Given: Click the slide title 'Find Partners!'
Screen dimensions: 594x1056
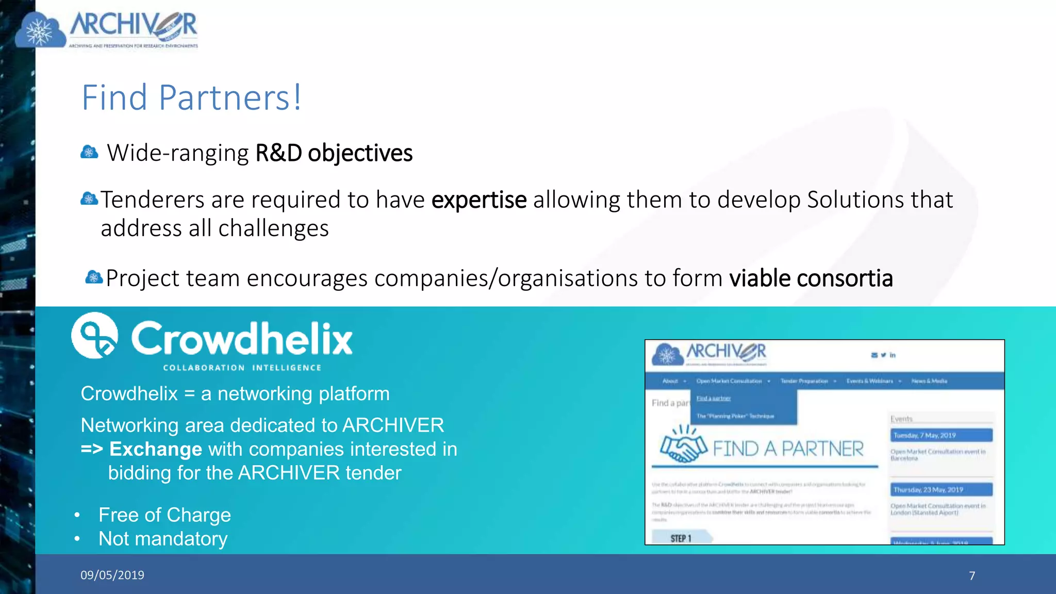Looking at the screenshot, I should click(191, 97).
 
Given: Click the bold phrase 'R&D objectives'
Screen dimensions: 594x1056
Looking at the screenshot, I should click(334, 153).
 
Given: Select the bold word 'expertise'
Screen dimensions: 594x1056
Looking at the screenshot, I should click(479, 200).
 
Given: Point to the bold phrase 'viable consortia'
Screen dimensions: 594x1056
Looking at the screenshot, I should click(811, 278).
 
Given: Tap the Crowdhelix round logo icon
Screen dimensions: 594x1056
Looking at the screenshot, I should click(94, 335).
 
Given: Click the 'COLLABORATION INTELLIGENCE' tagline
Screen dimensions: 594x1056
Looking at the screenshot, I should click(242, 368).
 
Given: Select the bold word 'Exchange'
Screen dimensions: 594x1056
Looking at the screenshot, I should click(156, 449).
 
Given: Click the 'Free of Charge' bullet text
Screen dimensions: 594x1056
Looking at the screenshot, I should click(164, 515).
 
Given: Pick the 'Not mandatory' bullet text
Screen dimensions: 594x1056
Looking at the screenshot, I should click(163, 539).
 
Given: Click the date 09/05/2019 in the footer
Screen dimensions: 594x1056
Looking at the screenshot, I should click(112, 575).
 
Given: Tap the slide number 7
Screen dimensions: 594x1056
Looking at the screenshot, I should click(972, 575).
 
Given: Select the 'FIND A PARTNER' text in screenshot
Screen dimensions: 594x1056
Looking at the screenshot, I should click(788, 449).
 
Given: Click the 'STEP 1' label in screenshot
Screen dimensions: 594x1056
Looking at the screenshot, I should click(681, 538).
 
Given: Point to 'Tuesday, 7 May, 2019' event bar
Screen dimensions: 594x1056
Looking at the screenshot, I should click(941, 435).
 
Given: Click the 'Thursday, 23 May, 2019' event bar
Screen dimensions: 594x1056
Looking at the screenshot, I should click(941, 489).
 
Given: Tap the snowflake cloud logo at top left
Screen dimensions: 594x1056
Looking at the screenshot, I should click(40, 31).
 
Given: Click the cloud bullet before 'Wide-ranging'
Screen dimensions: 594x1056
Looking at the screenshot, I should click(89, 152).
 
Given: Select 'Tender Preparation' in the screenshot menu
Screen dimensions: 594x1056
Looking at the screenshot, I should click(804, 381).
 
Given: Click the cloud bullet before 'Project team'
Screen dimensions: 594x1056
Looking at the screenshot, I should click(94, 277).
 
